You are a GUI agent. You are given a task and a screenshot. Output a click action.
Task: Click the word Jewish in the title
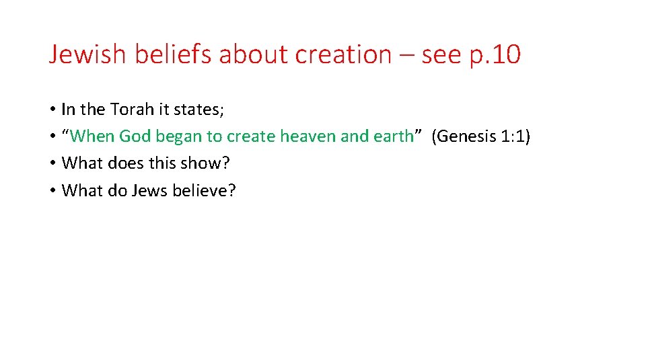87,54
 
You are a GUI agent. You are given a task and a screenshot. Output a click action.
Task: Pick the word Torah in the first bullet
133,109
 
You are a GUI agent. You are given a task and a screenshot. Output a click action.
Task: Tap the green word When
92,136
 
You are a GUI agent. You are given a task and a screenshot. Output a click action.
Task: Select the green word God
135,136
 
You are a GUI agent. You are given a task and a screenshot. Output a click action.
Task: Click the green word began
178,136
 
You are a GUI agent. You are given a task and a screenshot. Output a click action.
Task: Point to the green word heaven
308,136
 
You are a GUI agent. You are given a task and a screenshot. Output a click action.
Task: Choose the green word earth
393,136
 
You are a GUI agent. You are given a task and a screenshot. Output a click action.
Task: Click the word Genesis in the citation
465,136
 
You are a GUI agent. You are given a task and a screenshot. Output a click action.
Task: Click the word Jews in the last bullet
150,191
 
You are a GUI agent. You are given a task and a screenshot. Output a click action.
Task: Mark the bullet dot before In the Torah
52,109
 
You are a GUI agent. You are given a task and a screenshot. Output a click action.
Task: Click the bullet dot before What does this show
52,163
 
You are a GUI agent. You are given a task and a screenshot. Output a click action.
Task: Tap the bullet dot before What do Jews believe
52,191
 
